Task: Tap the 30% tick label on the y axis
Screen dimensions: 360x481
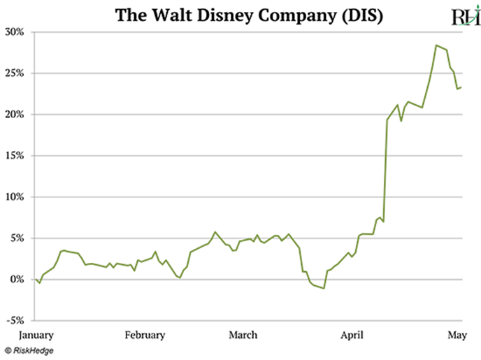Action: pos(15,32)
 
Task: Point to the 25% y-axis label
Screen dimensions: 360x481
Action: pos(15,73)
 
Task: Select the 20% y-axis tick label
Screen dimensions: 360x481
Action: pos(15,115)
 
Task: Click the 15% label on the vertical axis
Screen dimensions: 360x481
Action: pos(15,156)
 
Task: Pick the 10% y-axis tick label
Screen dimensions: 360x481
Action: pos(15,197)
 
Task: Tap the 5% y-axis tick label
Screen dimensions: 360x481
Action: pos(17,238)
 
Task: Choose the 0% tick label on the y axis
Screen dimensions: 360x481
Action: pos(17,280)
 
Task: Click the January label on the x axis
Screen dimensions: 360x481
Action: pos(36,335)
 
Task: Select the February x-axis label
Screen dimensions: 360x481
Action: pos(145,335)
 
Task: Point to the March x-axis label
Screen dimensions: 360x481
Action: pos(243,335)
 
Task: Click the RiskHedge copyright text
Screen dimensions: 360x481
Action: pos(29,350)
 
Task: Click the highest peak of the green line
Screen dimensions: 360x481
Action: pos(436,45)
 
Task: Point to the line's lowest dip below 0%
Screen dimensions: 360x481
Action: pos(324,288)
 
